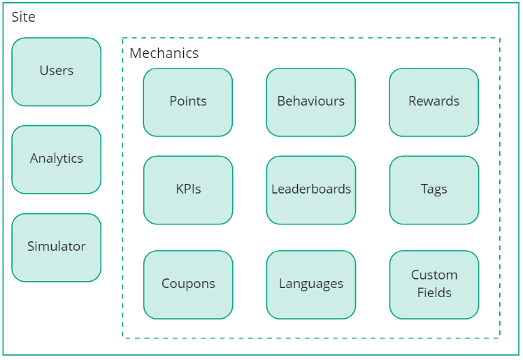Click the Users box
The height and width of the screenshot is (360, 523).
click(x=56, y=71)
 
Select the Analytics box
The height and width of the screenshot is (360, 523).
click(x=56, y=159)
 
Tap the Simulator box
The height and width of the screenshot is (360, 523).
click(x=56, y=247)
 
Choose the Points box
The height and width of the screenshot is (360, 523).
click(x=187, y=102)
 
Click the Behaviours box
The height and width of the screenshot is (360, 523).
click(x=310, y=102)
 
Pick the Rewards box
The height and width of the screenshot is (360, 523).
click(x=434, y=102)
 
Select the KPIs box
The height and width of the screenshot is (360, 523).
click(x=187, y=190)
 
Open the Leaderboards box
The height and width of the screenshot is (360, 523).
click(x=310, y=190)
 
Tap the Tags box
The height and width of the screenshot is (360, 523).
click(x=434, y=190)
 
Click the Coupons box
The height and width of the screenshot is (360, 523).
click(x=187, y=285)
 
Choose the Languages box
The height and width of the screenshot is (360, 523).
click(x=310, y=285)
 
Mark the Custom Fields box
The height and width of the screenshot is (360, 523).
click(x=434, y=285)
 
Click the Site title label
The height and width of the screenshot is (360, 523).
click(x=23, y=17)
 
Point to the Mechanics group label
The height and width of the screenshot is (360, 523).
click(x=164, y=54)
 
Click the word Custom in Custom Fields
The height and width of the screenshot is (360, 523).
click(x=434, y=275)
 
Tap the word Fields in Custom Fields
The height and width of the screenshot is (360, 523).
click(x=434, y=293)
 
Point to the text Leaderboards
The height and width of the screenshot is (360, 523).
click(x=311, y=189)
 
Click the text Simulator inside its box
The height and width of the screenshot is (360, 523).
click(x=57, y=246)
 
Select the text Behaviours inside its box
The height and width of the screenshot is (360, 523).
click(x=311, y=101)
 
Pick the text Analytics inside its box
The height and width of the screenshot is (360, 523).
click(x=57, y=158)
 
